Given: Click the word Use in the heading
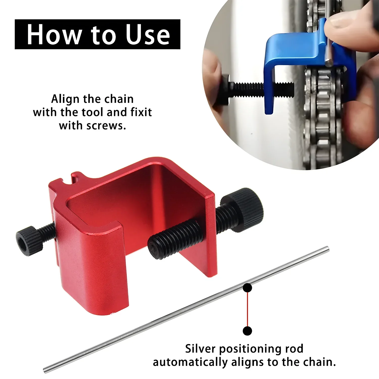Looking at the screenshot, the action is point(148,34).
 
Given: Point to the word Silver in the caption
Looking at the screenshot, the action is point(200,349).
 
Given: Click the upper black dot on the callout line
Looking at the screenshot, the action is point(247,288).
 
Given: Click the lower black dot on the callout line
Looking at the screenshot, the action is point(247,331).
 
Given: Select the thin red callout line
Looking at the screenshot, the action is point(247,309).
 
